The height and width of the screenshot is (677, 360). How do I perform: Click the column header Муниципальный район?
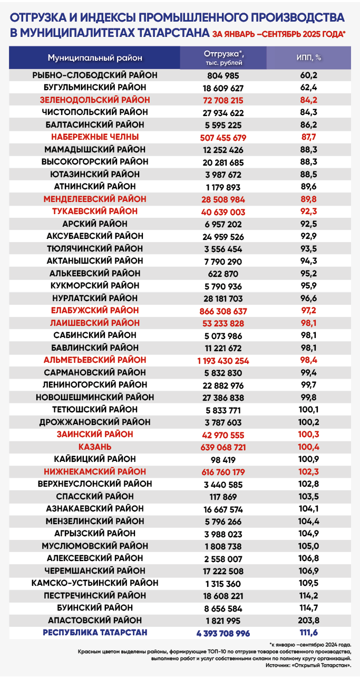pos(95,57)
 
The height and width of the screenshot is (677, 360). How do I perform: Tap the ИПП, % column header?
pos(309,57)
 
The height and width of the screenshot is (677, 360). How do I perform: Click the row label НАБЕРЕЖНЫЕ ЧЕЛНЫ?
pos(95,137)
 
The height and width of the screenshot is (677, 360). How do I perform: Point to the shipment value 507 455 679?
pos(223,137)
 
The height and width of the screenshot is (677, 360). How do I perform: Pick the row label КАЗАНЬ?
pos(95,447)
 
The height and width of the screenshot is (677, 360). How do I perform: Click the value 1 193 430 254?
pos(223,361)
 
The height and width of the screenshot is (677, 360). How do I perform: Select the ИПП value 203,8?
pos(309,620)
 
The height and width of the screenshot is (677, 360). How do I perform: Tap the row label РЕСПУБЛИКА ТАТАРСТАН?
pos(95,633)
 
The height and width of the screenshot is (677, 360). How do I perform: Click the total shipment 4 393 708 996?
pos(223,633)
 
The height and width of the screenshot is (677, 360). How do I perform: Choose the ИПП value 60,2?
pos(309,75)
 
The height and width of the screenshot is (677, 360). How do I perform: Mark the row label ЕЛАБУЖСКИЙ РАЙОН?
pos(95,311)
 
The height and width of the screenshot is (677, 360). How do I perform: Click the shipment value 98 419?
pos(223,460)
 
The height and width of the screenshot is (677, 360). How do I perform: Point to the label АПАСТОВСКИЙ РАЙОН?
pos(95,620)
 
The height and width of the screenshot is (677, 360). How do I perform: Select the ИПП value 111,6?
pos(309,633)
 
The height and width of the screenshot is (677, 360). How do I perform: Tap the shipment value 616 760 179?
pos(223,472)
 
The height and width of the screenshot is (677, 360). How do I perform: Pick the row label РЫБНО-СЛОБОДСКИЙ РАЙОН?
pos(95,75)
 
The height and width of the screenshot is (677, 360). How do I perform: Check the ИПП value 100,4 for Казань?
pos(309,447)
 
